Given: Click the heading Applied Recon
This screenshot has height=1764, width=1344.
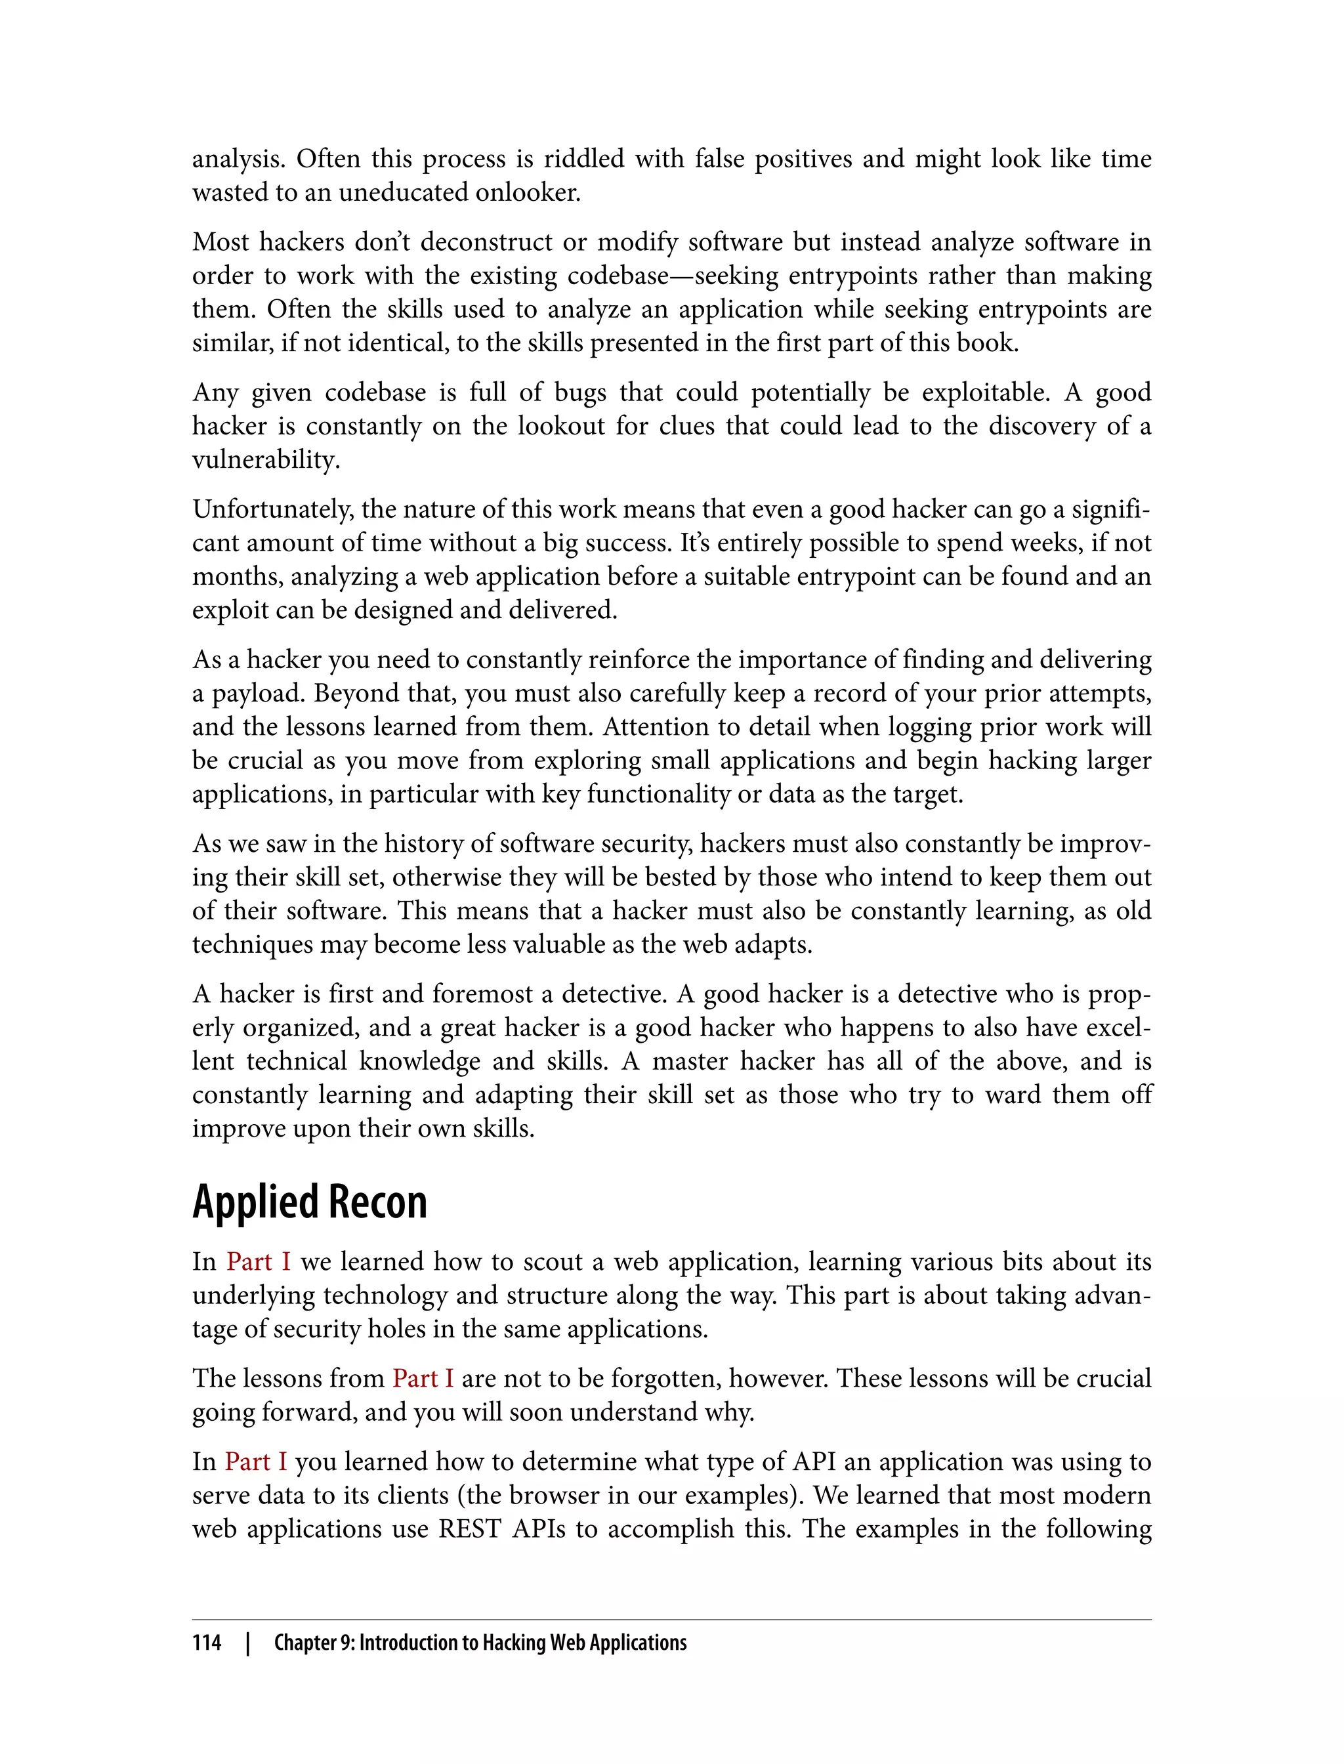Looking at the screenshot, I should tap(310, 1202).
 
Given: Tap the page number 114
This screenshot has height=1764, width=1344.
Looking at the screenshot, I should tap(207, 1643).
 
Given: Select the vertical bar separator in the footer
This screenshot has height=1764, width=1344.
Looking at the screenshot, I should tap(247, 1643).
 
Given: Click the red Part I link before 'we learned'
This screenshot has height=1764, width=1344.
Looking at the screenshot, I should tap(259, 1261).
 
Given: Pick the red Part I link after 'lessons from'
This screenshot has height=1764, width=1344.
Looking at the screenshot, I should tap(423, 1378).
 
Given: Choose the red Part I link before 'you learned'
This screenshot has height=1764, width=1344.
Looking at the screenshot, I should tap(255, 1461).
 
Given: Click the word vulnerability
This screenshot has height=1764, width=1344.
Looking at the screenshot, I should tap(266, 460).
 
